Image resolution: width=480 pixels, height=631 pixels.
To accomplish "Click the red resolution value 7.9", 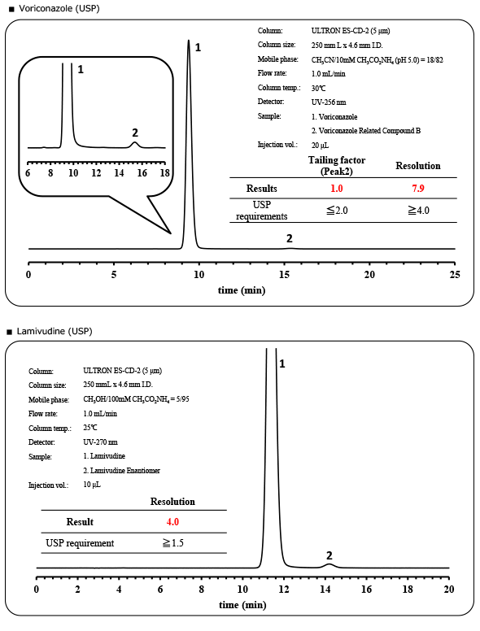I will coord(418,188).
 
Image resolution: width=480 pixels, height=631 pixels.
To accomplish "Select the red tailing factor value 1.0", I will coord(336,188).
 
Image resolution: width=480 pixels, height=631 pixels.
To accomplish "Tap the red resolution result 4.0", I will coord(172,522).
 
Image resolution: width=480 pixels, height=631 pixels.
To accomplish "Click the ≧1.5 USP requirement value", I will coord(172,542).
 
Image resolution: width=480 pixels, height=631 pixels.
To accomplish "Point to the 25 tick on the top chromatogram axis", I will coord(455,275).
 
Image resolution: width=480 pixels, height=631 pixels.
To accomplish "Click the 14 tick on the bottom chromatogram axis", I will coord(325,589).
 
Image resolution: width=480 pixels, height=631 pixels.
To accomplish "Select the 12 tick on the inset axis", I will coord(96,173).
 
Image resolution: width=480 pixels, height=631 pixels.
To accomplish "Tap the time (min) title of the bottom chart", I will coord(242,605).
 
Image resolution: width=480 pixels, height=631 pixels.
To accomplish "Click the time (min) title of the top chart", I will coord(242,290).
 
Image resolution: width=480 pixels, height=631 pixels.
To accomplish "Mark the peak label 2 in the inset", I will coord(135,133).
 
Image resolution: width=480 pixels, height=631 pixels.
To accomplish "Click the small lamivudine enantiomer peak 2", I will coord(329,564).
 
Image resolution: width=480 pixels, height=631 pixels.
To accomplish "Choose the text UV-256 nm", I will coord(329,102).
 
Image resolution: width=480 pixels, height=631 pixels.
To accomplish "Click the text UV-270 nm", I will coord(102,442).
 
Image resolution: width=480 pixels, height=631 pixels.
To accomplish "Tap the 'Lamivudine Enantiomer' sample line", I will coord(122,471).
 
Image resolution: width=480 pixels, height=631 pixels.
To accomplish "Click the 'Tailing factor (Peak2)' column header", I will coord(336,165).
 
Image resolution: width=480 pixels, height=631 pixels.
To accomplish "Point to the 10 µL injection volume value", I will coord(92,485).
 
